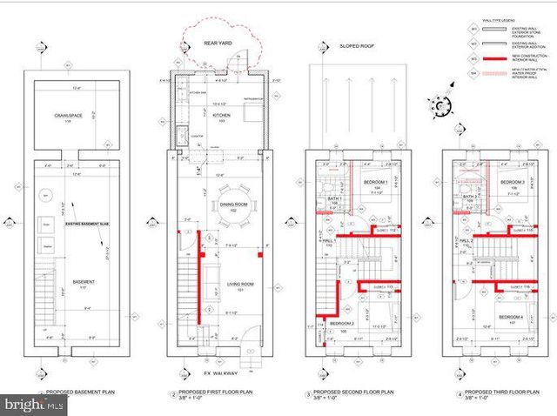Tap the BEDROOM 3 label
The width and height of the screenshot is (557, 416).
point(512,181)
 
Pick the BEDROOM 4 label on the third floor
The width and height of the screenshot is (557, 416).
point(510,317)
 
